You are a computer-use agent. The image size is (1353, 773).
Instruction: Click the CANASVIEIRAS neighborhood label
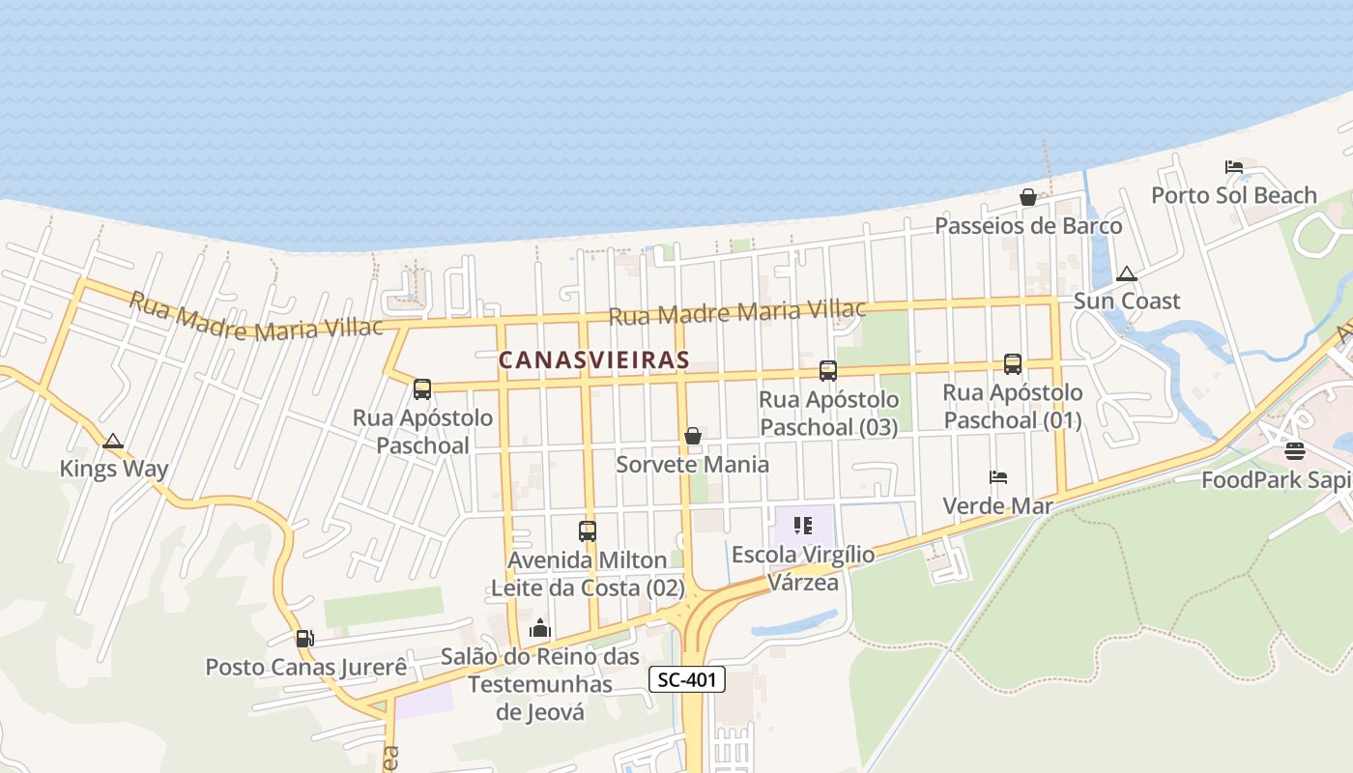(x=593, y=360)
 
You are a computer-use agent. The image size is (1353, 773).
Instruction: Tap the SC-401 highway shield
(x=686, y=679)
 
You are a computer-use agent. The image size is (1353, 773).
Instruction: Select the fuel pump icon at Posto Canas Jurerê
(x=304, y=638)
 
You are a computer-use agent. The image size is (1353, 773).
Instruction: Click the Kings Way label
(x=114, y=470)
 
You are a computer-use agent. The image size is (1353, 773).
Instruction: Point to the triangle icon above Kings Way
(x=113, y=442)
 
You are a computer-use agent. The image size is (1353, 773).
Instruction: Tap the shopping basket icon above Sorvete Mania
(x=693, y=436)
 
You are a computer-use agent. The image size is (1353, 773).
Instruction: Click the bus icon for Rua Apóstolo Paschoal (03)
(x=828, y=370)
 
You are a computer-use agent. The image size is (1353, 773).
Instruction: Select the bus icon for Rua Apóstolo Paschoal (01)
(x=1013, y=363)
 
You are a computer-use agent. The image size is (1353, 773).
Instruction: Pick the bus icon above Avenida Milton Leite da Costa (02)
(x=588, y=530)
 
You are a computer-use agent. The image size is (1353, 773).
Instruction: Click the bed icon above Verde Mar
(x=998, y=477)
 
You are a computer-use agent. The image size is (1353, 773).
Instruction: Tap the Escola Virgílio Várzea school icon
(x=803, y=526)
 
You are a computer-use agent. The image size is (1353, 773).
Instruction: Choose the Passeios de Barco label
(x=1028, y=226)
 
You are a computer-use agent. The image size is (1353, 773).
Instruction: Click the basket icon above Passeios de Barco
(x=1028, y=197)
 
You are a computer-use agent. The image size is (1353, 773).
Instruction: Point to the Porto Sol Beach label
(x=1234, y=195)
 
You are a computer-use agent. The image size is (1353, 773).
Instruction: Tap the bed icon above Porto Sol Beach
(x=1234, y=166)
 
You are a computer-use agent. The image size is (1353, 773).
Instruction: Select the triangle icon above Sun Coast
(x=1127, y=273)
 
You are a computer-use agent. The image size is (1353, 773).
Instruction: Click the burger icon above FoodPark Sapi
(x=1295, y=451)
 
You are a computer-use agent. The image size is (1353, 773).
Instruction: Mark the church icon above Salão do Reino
(x=540, y=628)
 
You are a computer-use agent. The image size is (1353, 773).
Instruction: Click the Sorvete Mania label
(x=693, y=465)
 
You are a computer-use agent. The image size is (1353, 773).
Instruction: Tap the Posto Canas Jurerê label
(x=305, y=668)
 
